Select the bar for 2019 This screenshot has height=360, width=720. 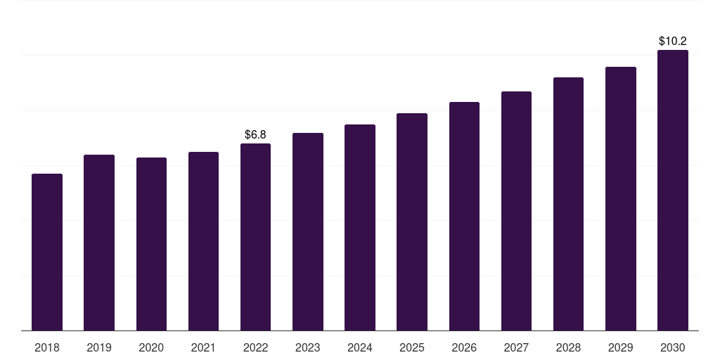click(99, 243)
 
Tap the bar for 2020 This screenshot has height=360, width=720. click(151, 244)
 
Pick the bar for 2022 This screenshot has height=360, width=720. click(255, 237)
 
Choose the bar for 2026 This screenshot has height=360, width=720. click(464, 216)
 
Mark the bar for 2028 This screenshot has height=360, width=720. click(568, 204)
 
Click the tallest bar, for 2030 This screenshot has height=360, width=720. click(673, 190)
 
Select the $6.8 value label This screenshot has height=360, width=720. click(255, 134)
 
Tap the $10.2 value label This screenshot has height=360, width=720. click(673, 41)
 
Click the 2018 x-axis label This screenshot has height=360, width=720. click(47, 347)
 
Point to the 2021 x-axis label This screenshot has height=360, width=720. click(203, 347)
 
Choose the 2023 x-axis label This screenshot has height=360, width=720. click(307, 347)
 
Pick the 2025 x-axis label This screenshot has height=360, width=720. click(412, 347)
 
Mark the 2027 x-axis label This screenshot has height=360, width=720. click(516, 347)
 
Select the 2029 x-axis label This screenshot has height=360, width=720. click(620, 347)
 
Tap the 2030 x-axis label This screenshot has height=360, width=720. click(673, 347)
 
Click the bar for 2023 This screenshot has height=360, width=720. click(307, 231)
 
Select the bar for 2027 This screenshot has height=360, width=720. click(516, 211)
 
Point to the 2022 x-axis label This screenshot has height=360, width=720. click(255, 347)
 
